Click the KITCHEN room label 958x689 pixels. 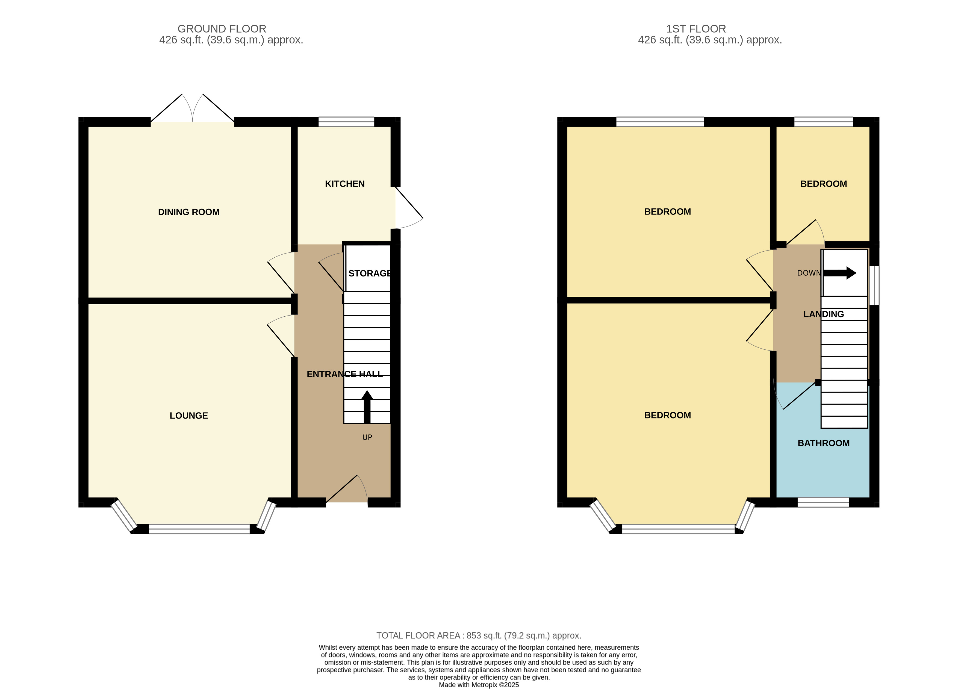pyautogui.click(x=345, y=184)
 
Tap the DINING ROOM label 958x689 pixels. pyautogui.click(x=189, y=212)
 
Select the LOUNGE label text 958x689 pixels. pyautogui.click(x=189, y=416)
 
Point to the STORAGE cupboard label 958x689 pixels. pyautogui.click(x=370, y=273)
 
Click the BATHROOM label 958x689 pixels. pyautogui.click(x=824, y=443)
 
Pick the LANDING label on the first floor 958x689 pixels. pyautogui.click(x=824, y=314)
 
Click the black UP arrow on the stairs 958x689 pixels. pyautogui.click(x=367, y=407)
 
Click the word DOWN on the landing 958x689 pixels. pyautogui.click(x=809, y=273)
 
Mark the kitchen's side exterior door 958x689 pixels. pyautogui.click(x=409, y=208)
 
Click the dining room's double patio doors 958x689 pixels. pyautogui.click(x=193, y=108)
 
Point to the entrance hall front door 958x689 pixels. pyautogui.click(x=347, y=489)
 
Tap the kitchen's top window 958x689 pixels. pyautogui.click(x=346, y=122)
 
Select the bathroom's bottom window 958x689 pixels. pyautogui.click(x=823, y=502)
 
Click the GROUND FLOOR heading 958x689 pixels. pyautogui.click(x=222, y=29)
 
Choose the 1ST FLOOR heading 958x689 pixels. pyautogui.click(x=696, y=29)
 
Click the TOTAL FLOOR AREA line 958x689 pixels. pyautogui.click(x=479, y=636)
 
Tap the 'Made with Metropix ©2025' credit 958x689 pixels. pyautogui.click(x=479, y=685)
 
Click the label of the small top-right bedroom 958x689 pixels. pyautogui.click(x=824, y=184)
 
